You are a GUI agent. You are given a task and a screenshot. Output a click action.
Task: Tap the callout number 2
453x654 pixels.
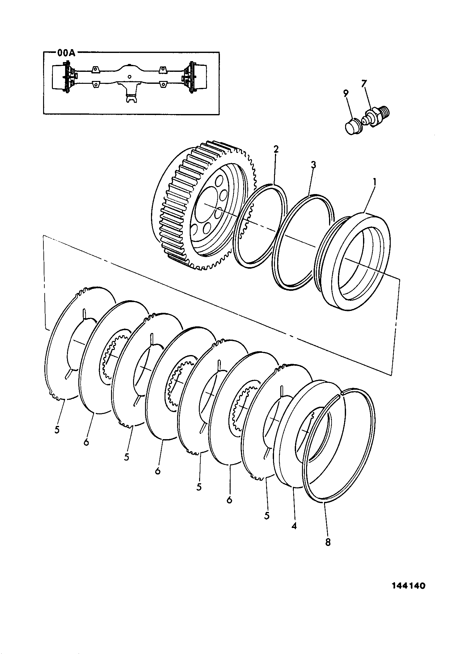(276, 149)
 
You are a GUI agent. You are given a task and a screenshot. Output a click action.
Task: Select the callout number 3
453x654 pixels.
(313, 165)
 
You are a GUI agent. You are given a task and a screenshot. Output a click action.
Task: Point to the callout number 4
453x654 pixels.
(294, 525)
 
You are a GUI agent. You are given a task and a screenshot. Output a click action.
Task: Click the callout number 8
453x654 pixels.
(328, 542)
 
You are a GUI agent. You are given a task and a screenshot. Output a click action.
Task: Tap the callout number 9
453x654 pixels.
(346, 93)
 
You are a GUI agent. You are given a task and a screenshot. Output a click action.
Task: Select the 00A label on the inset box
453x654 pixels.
(66, 53)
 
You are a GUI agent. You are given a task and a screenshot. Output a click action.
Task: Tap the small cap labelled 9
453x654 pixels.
(353, 127)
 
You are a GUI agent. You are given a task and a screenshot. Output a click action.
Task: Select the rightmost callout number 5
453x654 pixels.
(267, 516)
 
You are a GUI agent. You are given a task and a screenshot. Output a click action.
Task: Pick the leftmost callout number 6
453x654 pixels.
(86, 442)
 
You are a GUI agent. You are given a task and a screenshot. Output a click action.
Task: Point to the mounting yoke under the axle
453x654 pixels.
(130, 93)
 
